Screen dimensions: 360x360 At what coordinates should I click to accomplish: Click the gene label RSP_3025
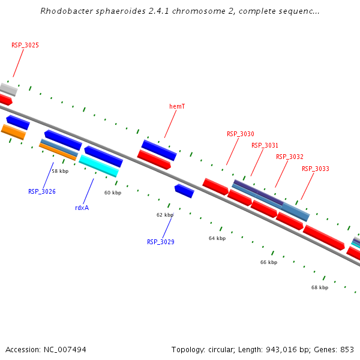(25, 45)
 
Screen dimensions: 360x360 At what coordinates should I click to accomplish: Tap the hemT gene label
(177, 106)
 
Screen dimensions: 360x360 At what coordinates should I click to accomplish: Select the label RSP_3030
(241, 134)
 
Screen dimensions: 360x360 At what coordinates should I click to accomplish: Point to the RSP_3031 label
(265, 145)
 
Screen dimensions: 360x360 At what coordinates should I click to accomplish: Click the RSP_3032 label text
(290, 157)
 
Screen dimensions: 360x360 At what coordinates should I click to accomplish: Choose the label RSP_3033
(316, 169)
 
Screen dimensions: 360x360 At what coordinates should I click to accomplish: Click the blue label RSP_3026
(42, 191)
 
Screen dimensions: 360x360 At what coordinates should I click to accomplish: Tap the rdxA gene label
(82, 208)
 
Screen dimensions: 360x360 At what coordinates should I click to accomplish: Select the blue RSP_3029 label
(161, 242)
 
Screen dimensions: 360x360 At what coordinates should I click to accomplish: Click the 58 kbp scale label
(60, 171)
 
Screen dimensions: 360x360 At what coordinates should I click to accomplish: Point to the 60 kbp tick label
(113, 193)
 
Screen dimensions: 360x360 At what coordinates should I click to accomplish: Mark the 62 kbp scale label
(165, 215)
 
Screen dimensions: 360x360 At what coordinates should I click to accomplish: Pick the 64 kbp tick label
(217, 238)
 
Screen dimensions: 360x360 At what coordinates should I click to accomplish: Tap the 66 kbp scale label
(269, 262)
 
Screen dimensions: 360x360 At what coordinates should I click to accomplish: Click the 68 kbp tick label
(320, 287)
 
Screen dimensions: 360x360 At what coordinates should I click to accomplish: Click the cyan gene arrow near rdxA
(98, 166)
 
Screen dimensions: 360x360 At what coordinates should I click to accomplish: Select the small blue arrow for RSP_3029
(184, 191)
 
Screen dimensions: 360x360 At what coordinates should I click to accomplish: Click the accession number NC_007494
(64, 349)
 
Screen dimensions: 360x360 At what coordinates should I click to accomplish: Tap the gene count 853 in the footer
(347, 349)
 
